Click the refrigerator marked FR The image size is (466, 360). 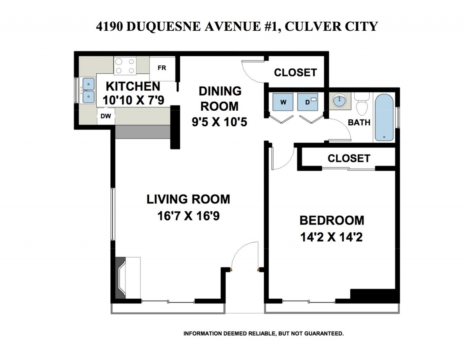point(162,68)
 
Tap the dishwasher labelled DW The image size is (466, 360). point(106,116)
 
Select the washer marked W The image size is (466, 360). point(283,102)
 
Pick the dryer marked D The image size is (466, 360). point(308,102)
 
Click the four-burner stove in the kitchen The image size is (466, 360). point(125,66)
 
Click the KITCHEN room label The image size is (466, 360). point(133,87)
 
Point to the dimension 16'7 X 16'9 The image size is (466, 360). point(188,216)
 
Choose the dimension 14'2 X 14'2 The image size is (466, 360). point(332,237)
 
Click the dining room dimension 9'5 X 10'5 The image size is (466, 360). point(219,122)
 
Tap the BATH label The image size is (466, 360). point(359,122)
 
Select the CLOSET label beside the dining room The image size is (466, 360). point(296,73)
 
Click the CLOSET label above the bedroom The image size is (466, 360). point(349,158)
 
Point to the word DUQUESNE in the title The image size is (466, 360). point(163,26)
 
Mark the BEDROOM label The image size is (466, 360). point(332,221)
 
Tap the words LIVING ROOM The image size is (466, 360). point(188,199)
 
